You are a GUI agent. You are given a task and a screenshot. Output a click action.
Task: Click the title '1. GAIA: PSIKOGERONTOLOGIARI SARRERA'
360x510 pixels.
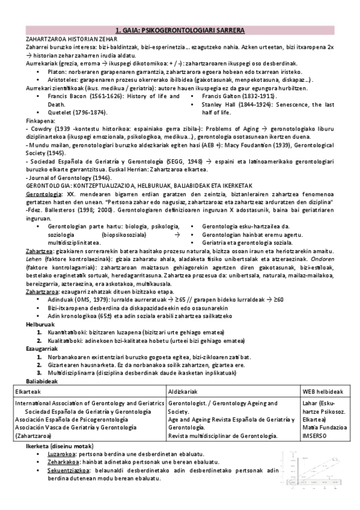click(x=180, y=30)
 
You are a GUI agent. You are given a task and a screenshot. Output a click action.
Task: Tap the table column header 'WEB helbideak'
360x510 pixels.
click(x=322, y=391)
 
